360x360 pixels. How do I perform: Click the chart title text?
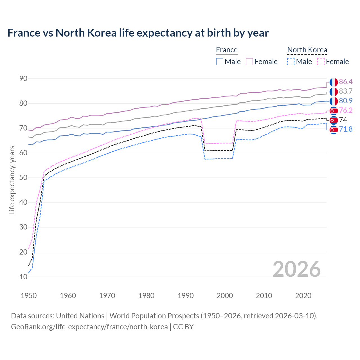(x=138, y=33)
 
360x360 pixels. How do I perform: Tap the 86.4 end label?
(x=346, y=82)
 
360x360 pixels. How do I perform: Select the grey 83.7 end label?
(x=346, y=91)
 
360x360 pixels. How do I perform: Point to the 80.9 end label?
(x=346, y=101)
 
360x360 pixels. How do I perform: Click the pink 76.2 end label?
(x=346, y=111)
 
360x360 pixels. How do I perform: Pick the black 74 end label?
(x=343, y=120)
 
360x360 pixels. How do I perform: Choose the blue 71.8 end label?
(x=346, y=130)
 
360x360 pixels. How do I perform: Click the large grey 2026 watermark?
(x=297, y=269)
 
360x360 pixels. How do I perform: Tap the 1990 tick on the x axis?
(x=186, y=296)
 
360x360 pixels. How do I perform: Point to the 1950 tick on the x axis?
(x=29, y=296)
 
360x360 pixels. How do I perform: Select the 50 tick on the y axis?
(x=23, y=178)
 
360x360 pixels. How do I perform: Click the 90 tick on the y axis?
(x=23, y=79)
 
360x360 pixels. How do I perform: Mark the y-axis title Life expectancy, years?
(x=12, y=180)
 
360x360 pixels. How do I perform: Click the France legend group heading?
(x=227, y=50)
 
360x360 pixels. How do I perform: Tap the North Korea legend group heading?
(x=307, y=50)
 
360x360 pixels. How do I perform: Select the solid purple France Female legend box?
(x=249, y=62)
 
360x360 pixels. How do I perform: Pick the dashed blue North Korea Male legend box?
(x=291, y=62)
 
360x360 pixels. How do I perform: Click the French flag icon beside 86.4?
(x=334, y=82)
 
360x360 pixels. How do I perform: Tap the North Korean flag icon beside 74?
(x=334, y=120)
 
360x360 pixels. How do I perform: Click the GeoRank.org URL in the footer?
(x=89, y=327)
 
